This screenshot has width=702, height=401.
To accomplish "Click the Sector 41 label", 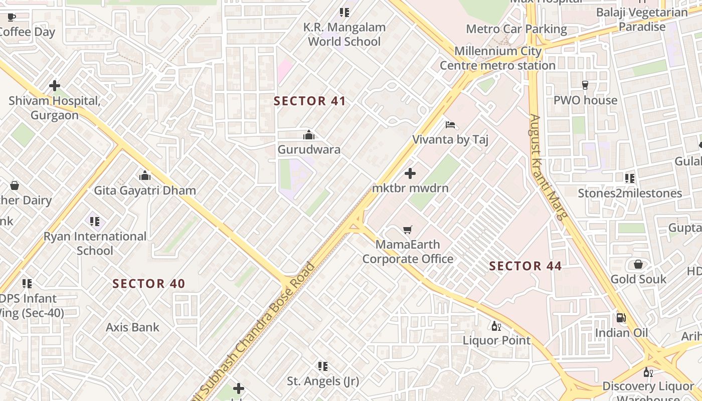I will click(310, 101).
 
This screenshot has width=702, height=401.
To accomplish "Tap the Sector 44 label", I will click(525, 266).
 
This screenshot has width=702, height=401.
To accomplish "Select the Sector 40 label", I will click(149, 284).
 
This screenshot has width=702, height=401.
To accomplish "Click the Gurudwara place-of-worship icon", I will click(309, 135).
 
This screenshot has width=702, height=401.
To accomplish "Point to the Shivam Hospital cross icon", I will click(55, 86).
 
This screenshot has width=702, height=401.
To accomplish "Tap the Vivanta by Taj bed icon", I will click(450, 124).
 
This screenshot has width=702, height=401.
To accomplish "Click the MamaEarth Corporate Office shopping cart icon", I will click(408, 230).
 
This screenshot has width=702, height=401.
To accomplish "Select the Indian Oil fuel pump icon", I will click(621, 318).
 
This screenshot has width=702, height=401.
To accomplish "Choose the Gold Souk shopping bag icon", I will click(638, 264).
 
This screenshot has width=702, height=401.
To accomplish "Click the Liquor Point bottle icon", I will click(496, 326).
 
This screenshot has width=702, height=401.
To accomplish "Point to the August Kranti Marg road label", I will click(548, 167).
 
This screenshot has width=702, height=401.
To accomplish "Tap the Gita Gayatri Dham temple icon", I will click(145, 175).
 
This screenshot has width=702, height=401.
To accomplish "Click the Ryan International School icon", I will click(95, 221).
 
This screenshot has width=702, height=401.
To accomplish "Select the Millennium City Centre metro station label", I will click(497, 58).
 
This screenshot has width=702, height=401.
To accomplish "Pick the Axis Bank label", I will click(132, 327).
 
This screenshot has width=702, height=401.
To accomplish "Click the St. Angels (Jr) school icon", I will click(323, 366).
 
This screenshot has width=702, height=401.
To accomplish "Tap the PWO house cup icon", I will click(585, 85).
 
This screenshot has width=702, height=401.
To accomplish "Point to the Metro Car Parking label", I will click(516, 29).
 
